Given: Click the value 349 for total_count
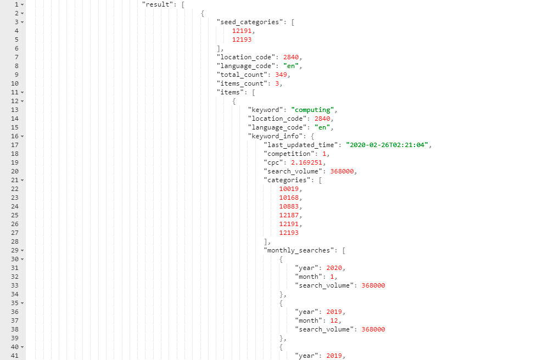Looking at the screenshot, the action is point(281,75).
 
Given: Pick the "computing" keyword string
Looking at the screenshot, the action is point(312,110).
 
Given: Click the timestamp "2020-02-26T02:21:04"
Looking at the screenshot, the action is point(387,145).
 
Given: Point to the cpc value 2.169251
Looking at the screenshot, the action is point(306,162).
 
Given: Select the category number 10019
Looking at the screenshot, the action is point(289,189).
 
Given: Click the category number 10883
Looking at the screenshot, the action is point(289,206).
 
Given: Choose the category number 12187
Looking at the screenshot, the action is point(289,215).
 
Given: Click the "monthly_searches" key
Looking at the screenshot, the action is point(299,250).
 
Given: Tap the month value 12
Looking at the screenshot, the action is point(334,320).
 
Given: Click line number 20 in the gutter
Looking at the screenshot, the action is point(15,171).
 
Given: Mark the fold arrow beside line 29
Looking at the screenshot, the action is point(23,250).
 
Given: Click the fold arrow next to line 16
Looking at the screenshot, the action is point(23,137).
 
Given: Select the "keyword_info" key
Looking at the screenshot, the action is point(275,136).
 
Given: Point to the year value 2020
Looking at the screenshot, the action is point(334,268).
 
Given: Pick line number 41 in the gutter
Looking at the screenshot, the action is point(15,356).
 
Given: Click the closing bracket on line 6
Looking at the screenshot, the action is point(218,49).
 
